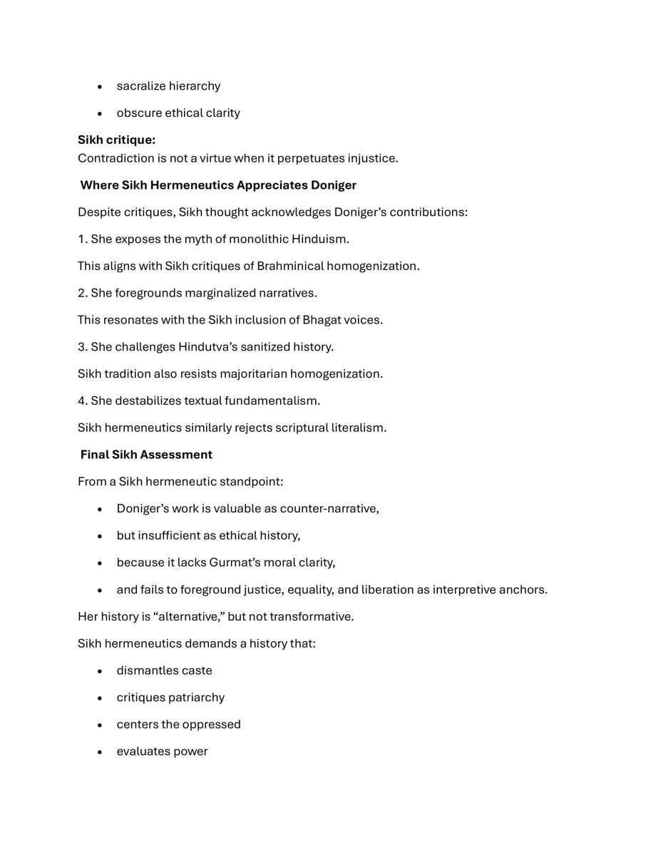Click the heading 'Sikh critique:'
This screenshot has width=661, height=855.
point(116,140)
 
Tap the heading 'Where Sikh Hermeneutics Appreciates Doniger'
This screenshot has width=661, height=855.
point(218,185)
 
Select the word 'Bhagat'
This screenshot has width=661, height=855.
point(321,320)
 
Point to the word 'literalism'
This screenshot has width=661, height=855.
point(359,428)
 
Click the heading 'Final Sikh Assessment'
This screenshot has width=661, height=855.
point(146,455)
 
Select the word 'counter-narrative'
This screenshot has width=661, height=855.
point(328,509)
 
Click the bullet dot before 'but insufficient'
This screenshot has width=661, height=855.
point(100,536)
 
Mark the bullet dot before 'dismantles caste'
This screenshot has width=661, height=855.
point(100,671)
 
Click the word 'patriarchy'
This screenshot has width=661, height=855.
point(196,698)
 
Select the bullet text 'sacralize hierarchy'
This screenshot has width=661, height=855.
point(168,86)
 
